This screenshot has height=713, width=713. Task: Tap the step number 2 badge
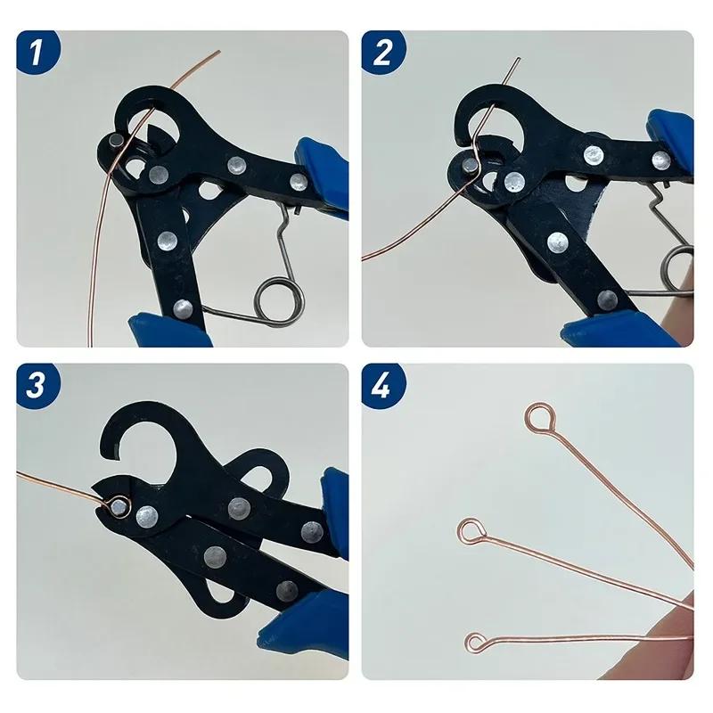[382, 53]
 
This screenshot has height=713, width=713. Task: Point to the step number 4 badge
[382, 385]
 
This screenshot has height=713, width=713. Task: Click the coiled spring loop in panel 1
[272, 294]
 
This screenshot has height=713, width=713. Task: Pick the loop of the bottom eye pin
[477, 641]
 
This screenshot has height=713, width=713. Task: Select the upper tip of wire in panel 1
[218, 52]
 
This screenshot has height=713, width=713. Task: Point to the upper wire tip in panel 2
[520, 59]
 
